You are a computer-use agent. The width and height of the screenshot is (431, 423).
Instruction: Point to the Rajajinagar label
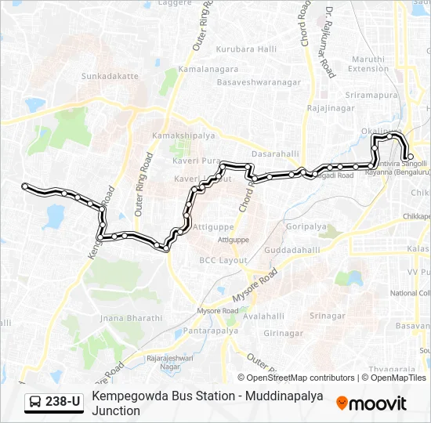[x=333, y=108]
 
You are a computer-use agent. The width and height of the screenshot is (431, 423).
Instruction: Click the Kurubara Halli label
[x=247, y=49]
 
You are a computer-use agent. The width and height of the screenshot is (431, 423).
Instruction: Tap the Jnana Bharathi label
[x=132, y=318]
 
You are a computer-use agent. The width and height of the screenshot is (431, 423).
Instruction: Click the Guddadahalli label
[x=292, y=250]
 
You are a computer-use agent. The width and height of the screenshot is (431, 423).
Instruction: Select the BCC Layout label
[x=223, y=260]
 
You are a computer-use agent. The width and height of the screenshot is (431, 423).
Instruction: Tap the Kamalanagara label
[x=208, y=70]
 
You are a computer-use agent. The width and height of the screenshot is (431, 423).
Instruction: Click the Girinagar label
[x=284, y=333]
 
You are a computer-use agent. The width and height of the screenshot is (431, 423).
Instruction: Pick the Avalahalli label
[x=263, y=316]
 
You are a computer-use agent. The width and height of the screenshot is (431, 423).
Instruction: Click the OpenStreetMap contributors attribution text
[x=301, y=378]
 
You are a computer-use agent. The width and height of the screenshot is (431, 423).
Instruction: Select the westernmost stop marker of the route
[x=25, y=186]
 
